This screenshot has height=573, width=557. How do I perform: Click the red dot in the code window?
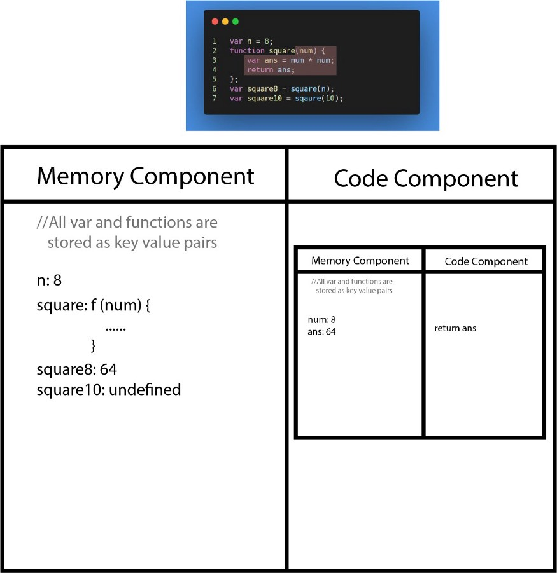[x=215, y=22]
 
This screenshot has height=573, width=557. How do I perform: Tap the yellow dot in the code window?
[x=225, y=22]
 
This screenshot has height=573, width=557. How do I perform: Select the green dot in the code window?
[x=236, y=22]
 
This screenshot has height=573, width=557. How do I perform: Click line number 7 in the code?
[x=215, y=99]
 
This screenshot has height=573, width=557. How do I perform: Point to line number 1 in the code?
[x=215, y=41]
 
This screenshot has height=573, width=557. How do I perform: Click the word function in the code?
[x=247, y=51]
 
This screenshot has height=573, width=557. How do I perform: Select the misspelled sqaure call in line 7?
[x=308, y=99]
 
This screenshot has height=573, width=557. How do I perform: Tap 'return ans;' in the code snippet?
[x=271, y=70]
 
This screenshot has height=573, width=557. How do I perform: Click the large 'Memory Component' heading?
[x=146, y=177]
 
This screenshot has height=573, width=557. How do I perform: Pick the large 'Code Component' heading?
[x=426, y=179]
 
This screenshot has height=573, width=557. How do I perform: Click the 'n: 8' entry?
[x=49, y=280]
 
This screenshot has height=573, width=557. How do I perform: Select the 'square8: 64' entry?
[x=77, y=369]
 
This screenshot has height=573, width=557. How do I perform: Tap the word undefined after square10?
[x=145, y=390]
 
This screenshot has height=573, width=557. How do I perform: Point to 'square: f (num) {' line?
[x=94, y=305]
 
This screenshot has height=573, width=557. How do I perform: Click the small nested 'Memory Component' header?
[x=360, y=261]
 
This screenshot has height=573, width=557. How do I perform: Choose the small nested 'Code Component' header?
[x=486, y=261]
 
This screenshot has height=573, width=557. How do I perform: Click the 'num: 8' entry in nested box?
[x=322, y=320]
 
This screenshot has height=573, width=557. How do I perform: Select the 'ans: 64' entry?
[x=321, y=332]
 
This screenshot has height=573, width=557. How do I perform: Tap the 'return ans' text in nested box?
[x=455, y=328]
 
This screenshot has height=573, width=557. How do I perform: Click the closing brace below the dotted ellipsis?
[x=94, y=345]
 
